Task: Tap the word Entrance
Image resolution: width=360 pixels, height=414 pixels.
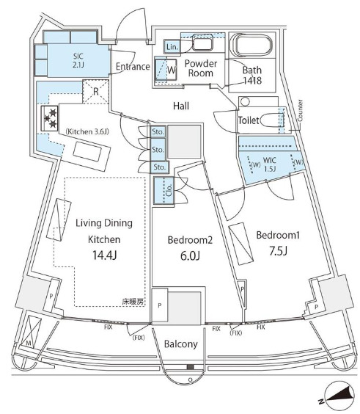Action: [x=133, y=67]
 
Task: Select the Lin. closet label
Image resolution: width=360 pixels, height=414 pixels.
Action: [x=172, y=46]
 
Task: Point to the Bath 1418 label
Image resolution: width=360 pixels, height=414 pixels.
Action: [x=254, y=76]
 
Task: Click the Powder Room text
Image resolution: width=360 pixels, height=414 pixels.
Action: [x=199, y=68]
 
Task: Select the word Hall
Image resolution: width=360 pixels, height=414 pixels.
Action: [x=182, y=106]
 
